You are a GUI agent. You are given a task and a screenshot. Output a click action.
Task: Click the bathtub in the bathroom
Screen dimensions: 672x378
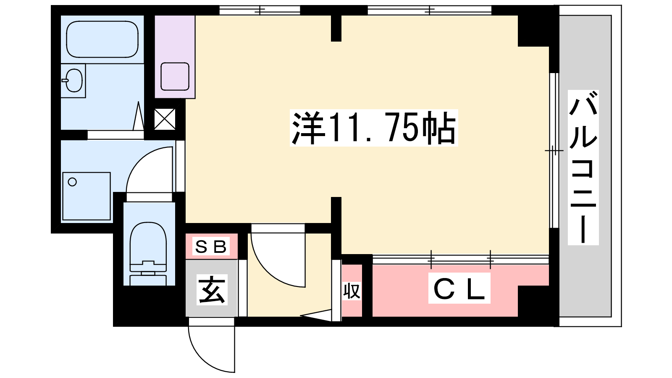pos(102,39)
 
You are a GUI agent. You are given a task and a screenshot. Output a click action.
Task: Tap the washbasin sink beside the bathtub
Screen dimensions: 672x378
pos(73,80)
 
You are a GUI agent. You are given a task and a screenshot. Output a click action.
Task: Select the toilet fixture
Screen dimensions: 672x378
pos(148,254)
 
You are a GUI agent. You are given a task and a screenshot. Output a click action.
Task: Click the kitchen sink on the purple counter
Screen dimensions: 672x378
pos(175,76)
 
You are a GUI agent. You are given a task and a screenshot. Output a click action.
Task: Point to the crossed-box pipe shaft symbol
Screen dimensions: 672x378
pos(165,119)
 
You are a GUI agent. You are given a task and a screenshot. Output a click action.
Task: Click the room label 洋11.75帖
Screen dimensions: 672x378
pos(374,128)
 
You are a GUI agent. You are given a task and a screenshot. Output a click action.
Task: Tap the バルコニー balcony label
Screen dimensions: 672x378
pos(583,168)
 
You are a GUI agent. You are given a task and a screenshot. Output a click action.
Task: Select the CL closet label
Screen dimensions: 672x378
pos(459,288)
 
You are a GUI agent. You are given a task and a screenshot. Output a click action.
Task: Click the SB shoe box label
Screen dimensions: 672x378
pos(211,246)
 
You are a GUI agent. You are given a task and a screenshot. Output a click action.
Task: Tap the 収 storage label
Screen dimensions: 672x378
pos(352,291)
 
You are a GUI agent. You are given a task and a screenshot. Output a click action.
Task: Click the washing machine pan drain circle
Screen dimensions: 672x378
pos(72,182)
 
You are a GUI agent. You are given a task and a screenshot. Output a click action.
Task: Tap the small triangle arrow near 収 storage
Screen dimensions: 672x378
pos(316,315)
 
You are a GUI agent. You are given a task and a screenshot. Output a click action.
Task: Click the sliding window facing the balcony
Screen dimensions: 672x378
pos(554,150)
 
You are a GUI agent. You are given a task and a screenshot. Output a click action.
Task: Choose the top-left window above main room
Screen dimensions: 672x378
pos(260,10)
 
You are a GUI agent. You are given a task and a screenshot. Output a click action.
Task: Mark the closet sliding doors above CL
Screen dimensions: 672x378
pos(461,260)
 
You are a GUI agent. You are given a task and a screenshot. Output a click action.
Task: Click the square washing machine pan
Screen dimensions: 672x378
pos(87,196)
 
